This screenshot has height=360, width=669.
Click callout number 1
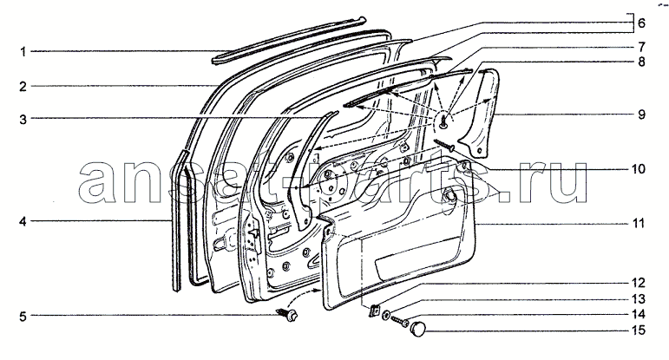(x=23, y=52)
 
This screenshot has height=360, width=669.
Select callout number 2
(x=23, y=87)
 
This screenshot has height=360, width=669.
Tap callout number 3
(x=23, y=120)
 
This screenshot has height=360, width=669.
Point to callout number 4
(x=23, y=221)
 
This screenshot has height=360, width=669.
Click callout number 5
(x=23, y=317)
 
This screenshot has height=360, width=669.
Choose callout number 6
(x=641, y=23)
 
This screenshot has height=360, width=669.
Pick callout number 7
(x=641, y=47)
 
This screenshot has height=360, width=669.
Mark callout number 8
(x=641, y=62)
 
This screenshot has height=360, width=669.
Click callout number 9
(x=641, y=115)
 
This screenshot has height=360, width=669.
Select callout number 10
(x=639, y=169)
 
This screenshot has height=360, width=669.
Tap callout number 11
(x=639, y=224)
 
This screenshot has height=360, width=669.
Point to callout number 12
(x=639, y=283)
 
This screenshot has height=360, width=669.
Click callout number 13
(x=639, y=299)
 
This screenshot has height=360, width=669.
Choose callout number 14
(x=639, y=315)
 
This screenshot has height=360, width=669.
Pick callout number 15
(x=639, y=331)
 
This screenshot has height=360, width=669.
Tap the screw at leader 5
(x=287, y=315)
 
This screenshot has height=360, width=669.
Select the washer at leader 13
(x=386, y=316)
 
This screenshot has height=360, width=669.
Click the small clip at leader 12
(x=374, y=311)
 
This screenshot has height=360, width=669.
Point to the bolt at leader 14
(x=400, y=321)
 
